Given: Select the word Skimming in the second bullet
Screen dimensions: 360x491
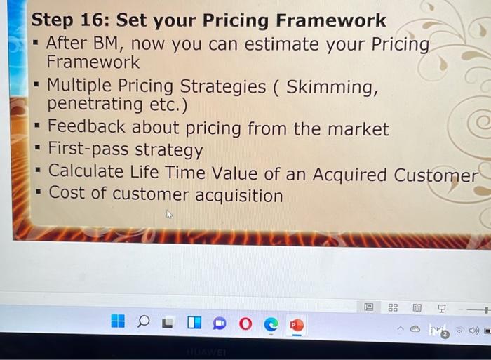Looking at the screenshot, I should point(332,87).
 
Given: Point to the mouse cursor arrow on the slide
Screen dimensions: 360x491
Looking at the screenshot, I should point(169,215).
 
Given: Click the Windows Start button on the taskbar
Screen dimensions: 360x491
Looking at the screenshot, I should point(118,321).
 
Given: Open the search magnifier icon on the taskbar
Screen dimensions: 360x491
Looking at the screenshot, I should point(144,322).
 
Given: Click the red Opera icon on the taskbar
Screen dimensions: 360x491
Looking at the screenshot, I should point(244,324).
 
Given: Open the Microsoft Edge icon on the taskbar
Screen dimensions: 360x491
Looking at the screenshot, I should point(270,324).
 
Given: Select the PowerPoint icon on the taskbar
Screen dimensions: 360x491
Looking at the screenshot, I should point(297,324).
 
